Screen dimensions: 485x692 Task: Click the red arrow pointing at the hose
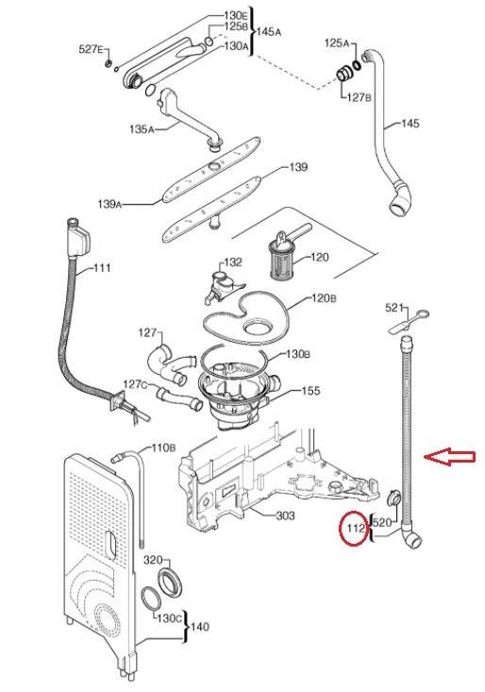450,457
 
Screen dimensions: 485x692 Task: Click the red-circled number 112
357,528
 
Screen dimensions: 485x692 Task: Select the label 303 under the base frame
285,515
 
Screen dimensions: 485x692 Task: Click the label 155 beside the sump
310,391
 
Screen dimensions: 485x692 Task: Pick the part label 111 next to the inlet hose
102,267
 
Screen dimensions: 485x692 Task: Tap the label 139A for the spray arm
109,204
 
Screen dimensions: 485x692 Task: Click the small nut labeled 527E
108,65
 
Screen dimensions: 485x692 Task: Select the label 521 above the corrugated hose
394,307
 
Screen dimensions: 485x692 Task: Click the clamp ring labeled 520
393,499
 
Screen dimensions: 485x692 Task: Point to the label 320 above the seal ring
153,560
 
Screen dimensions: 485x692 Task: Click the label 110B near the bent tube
163,447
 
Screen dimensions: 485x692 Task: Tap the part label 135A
142,129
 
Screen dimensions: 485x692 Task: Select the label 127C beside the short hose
135,384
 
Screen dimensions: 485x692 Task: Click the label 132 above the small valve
233,262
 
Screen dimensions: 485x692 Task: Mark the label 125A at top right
337,42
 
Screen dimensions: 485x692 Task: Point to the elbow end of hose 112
412,537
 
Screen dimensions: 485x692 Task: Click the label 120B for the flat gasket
324,298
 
